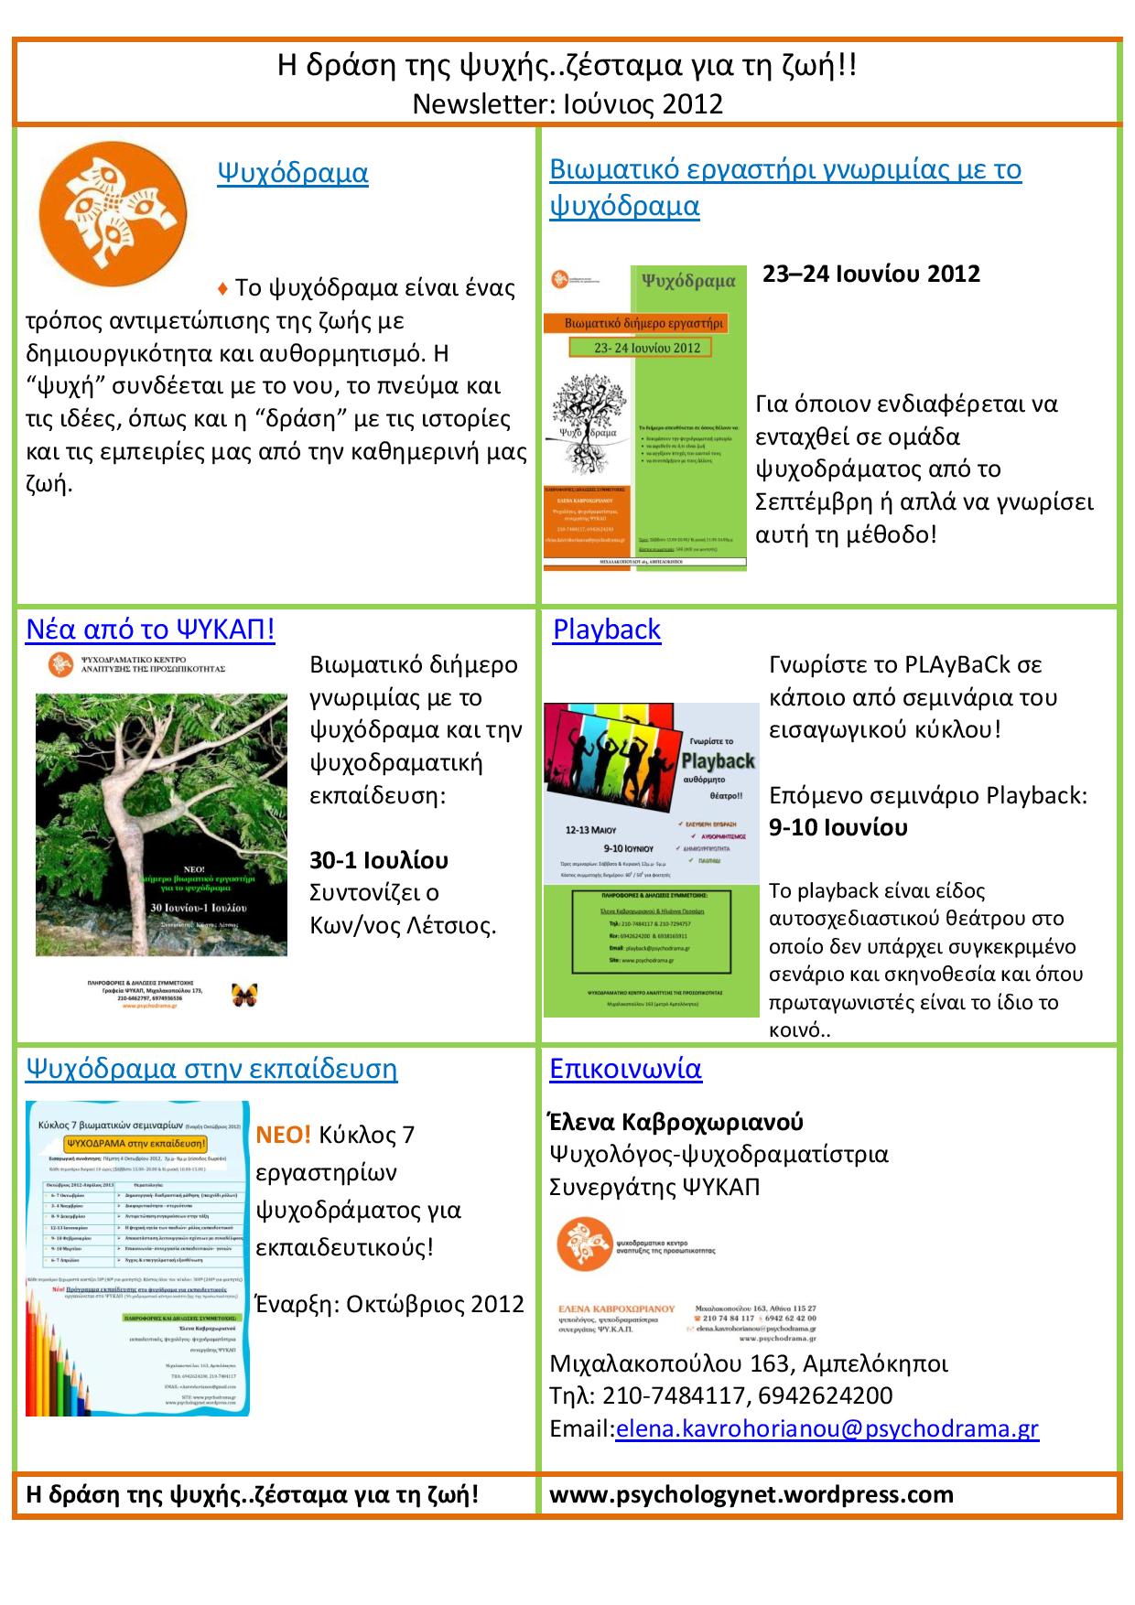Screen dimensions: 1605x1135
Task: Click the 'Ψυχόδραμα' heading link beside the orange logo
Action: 292,173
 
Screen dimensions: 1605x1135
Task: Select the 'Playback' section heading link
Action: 607,630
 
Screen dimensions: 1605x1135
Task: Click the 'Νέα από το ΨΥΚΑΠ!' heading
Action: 150,630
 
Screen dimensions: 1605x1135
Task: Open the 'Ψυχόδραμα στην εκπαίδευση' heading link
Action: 211,1068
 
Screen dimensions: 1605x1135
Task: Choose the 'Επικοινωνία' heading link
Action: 625,1068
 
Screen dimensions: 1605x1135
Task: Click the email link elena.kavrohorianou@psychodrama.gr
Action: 827,1428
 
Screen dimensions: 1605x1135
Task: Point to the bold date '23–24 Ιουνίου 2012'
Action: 871,275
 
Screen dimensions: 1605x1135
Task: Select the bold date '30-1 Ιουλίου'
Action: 379,860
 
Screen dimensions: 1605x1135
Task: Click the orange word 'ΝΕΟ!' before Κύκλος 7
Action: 284,1135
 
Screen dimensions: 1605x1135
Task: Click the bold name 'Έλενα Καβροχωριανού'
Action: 676,1122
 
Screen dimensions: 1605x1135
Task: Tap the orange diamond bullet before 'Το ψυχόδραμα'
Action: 222,289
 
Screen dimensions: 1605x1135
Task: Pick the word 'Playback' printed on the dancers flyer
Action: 719,760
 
